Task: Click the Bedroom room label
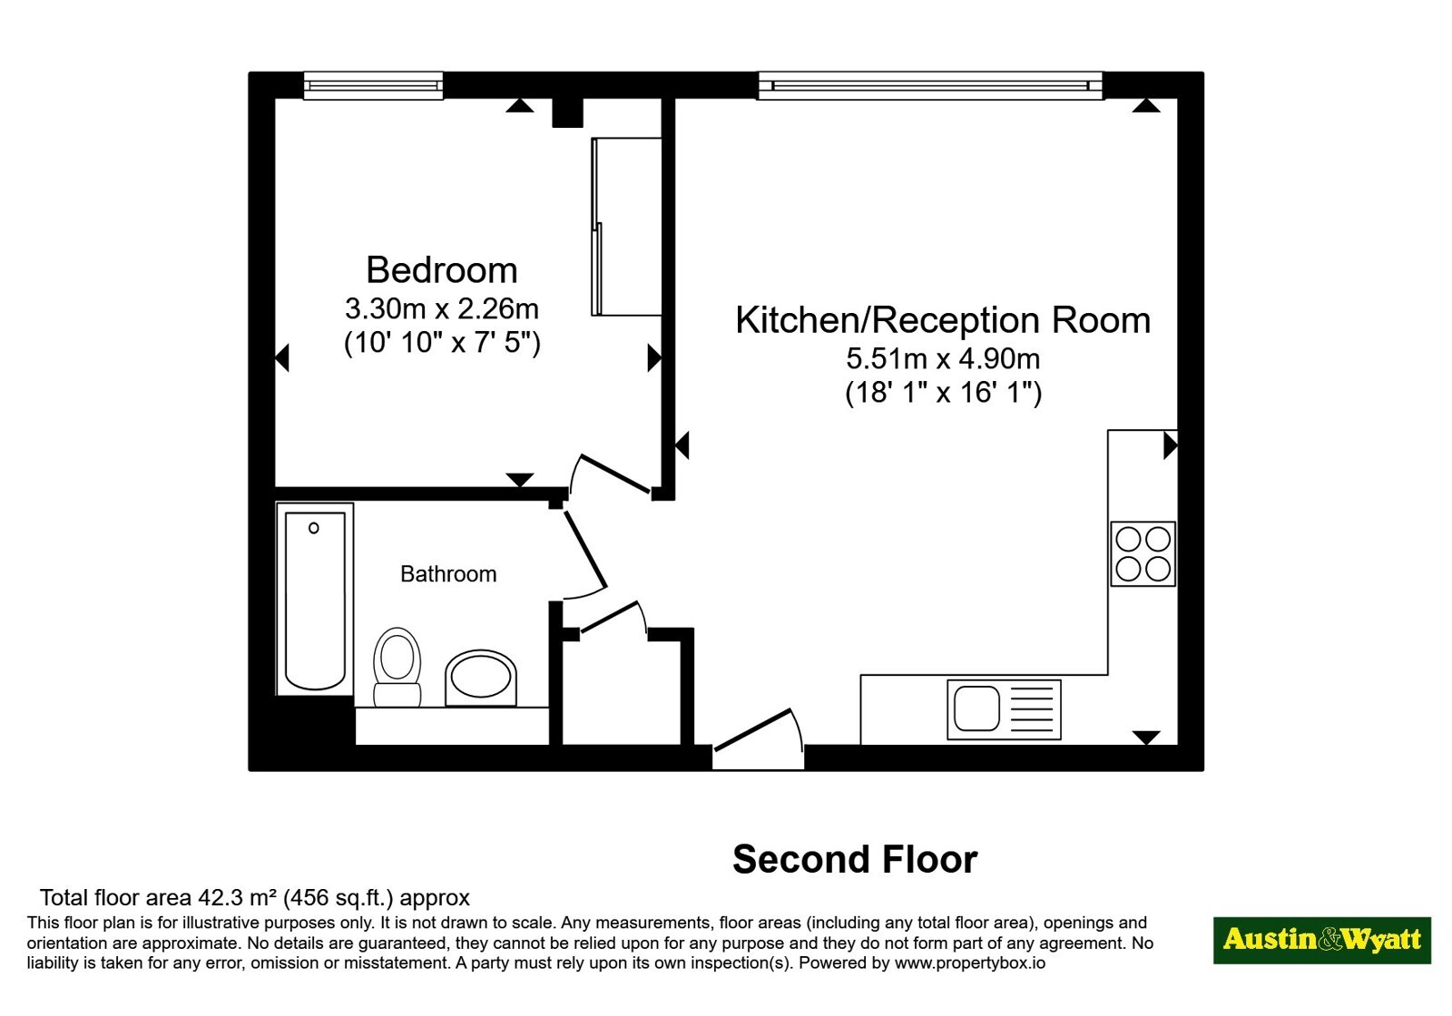(441, 269)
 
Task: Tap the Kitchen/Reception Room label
(943, 319)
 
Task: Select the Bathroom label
(448, 573)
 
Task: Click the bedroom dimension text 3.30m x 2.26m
(441, 308)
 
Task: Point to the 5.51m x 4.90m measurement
(943, 357)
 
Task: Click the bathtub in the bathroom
(315, 600)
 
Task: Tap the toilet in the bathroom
(397, 667)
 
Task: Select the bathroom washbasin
(481, 679)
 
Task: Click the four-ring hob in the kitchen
(1143, 554)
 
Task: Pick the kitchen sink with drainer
(1004, 709)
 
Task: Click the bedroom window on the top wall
(373, 85)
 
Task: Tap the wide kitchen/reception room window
(930, 85)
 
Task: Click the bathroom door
(585, 550)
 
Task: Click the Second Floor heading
(855, 859)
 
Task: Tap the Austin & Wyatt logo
(1322, 940)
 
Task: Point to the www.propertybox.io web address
(970, 962)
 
